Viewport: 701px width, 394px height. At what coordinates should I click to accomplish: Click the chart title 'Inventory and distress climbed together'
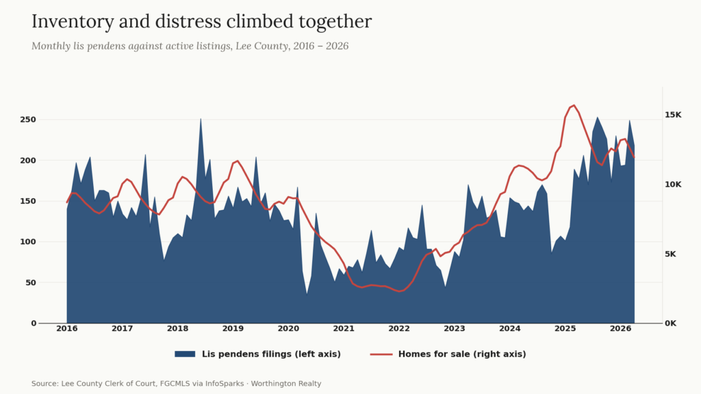(x=201, y=21)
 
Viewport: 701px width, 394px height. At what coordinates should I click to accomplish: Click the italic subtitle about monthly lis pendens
(x=190, y=46)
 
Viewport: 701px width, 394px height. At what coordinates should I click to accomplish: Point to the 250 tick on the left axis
(x=28, y=120)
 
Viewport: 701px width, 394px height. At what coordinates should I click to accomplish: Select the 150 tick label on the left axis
(x=28, y=201)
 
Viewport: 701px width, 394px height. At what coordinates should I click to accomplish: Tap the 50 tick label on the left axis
(x=31, y=283)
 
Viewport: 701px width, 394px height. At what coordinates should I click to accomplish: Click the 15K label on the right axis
(x=673, y=115)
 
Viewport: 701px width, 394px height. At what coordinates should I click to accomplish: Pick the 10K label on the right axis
(x=673, y=185)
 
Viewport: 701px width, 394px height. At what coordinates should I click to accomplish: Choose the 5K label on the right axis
(x=670, y=254)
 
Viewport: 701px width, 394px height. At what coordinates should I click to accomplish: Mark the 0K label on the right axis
(x=670, y=324)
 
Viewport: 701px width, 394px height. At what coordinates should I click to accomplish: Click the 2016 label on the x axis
(x=66, y=329)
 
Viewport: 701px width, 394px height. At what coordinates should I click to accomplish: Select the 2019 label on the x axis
(x=233, y=329)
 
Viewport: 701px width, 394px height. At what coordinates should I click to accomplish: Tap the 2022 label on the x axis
(x=399, y=329)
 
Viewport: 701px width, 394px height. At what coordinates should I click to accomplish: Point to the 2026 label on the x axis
(x=620, y=329)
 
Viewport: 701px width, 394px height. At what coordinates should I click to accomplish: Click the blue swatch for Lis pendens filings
(x=185, y=354)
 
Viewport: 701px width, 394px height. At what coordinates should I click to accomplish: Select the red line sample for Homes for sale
(x=381, y=354)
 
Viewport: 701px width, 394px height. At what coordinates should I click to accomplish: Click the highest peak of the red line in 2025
(x=574, y=105)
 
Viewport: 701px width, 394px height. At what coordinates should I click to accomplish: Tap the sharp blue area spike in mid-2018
(x=201, y=119)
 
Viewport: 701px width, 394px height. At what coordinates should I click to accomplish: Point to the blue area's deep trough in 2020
(x=307, y=293)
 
